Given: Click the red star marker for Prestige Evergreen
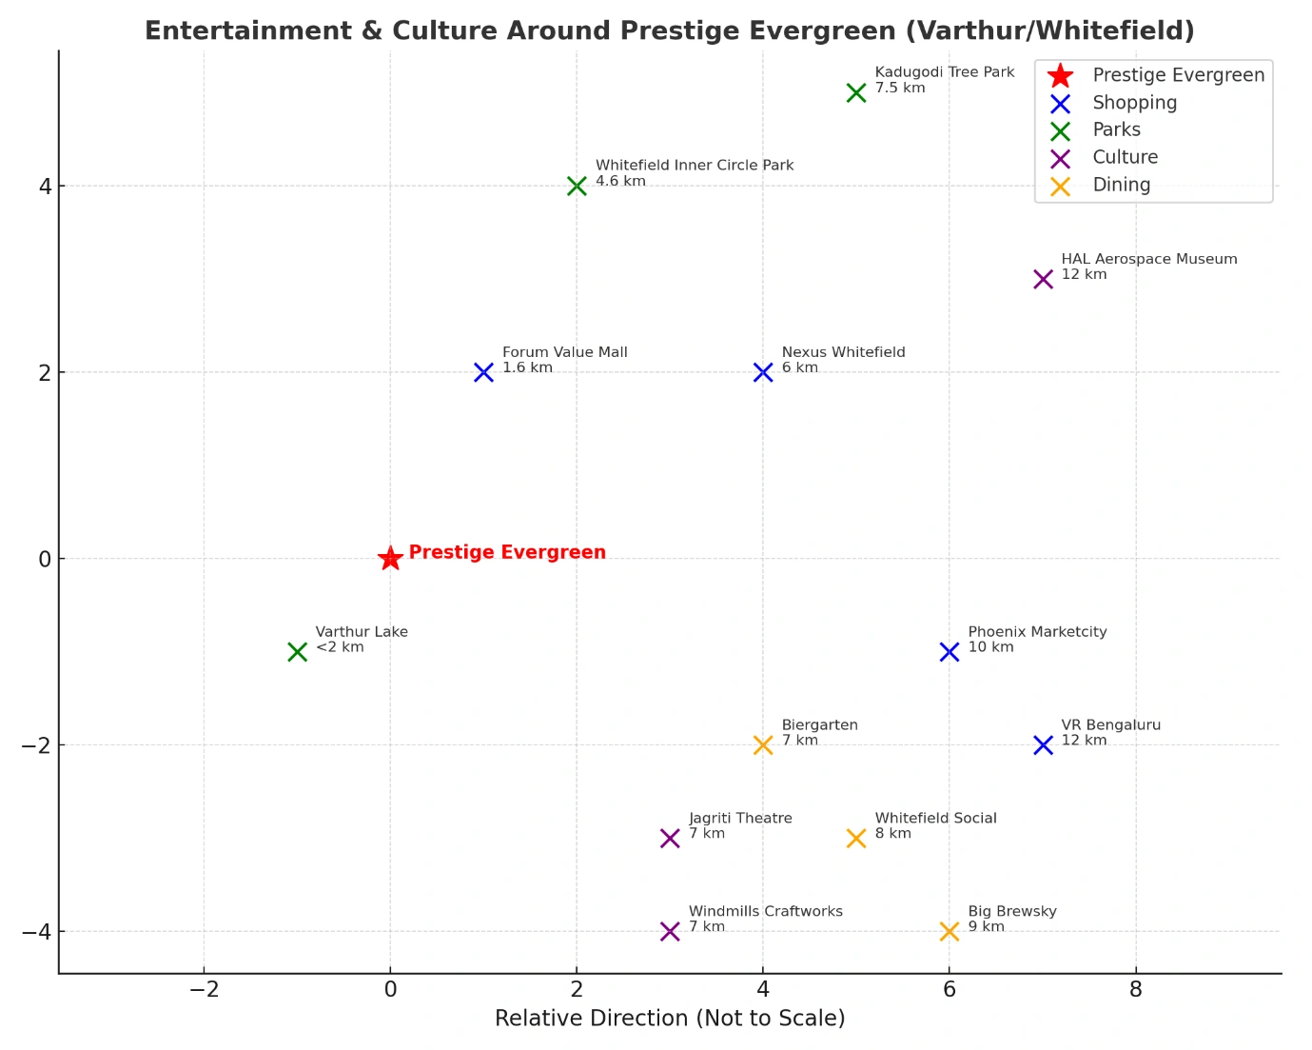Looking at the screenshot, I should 390,559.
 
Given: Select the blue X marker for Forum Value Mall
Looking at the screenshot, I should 483,372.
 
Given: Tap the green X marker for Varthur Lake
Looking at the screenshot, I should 297,652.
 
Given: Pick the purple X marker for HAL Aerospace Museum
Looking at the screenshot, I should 1043,279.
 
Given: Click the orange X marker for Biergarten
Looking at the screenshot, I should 763,745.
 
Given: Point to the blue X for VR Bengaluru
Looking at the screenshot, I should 1043,745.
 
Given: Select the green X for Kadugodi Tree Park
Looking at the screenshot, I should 856,92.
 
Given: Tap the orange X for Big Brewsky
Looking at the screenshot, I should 950,931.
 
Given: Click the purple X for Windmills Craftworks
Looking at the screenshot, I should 670,931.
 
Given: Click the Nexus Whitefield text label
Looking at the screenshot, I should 843,353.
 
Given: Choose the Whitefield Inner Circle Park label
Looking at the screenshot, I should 695,166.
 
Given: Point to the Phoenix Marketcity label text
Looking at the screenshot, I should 1037,632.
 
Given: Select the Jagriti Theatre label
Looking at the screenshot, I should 740,819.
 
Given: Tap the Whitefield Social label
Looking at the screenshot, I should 935,819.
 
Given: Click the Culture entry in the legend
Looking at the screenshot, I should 1125,157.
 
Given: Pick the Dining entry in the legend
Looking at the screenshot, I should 1121,185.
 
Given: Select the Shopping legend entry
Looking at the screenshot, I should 1134,103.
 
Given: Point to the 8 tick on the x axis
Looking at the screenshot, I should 1136,990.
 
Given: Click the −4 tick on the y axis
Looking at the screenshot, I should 37,932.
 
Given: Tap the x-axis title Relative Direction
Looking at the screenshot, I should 670,1019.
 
